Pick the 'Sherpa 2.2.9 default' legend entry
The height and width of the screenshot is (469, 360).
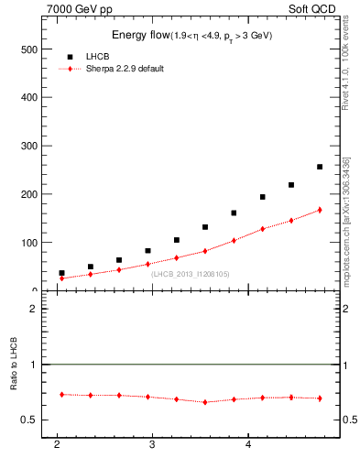(x=125, y=70)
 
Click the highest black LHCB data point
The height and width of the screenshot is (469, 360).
(x=320, y=167)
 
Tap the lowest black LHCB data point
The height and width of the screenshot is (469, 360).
(x=61, y=273)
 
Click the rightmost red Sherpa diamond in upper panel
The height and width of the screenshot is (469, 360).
(x=320, y=210)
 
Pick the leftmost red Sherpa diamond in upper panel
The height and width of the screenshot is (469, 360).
(x=61, y=278)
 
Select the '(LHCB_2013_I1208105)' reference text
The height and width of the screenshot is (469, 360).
(x=190, y=273)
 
